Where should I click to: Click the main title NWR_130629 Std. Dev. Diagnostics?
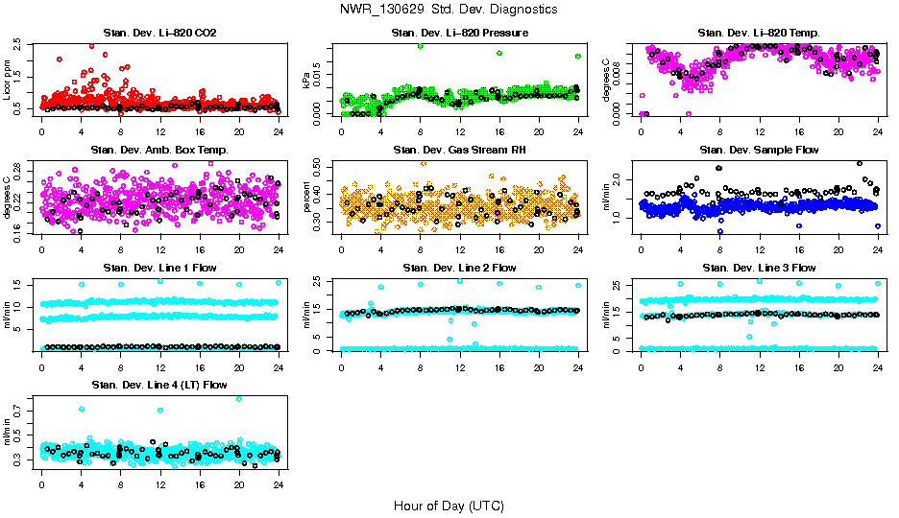[449, 10]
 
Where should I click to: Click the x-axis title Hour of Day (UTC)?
[449, 506]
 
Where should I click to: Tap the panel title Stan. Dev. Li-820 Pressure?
[459, 34]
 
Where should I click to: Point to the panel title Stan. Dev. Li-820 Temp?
[759, 34]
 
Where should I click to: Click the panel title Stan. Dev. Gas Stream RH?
[459, 151]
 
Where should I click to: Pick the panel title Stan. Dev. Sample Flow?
[759, 151]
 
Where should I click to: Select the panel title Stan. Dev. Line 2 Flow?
[459, 268]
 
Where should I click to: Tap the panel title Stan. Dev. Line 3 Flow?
[759, 268]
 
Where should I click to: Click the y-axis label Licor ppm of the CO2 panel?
[8, 80]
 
